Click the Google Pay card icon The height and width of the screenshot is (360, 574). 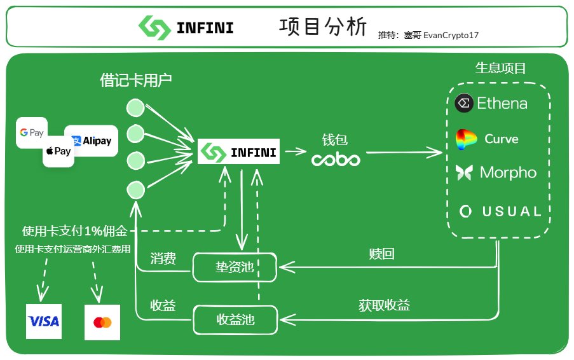click(32, 132)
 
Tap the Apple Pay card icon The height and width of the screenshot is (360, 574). click(58, 151)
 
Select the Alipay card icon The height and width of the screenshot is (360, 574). click(91, 141)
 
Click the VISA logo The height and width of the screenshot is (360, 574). click(44, 321)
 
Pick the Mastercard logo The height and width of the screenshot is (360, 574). click(102, 322)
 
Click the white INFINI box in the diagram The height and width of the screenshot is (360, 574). click(238, 152)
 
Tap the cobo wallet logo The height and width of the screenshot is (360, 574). click(336, 159)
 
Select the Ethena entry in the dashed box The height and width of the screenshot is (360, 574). click(491, 103)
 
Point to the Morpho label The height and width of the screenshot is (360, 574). click(508, 172)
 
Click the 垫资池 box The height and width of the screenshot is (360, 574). click(235, 267)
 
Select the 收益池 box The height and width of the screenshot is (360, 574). click(235, 319)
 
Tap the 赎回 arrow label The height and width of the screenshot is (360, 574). click(381, 254)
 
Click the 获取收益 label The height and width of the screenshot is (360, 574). click(384, 305)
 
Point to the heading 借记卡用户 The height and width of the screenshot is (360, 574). click(136, 80)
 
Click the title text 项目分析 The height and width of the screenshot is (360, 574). click(323, 27)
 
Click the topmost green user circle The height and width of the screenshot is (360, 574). click(135, 107)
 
